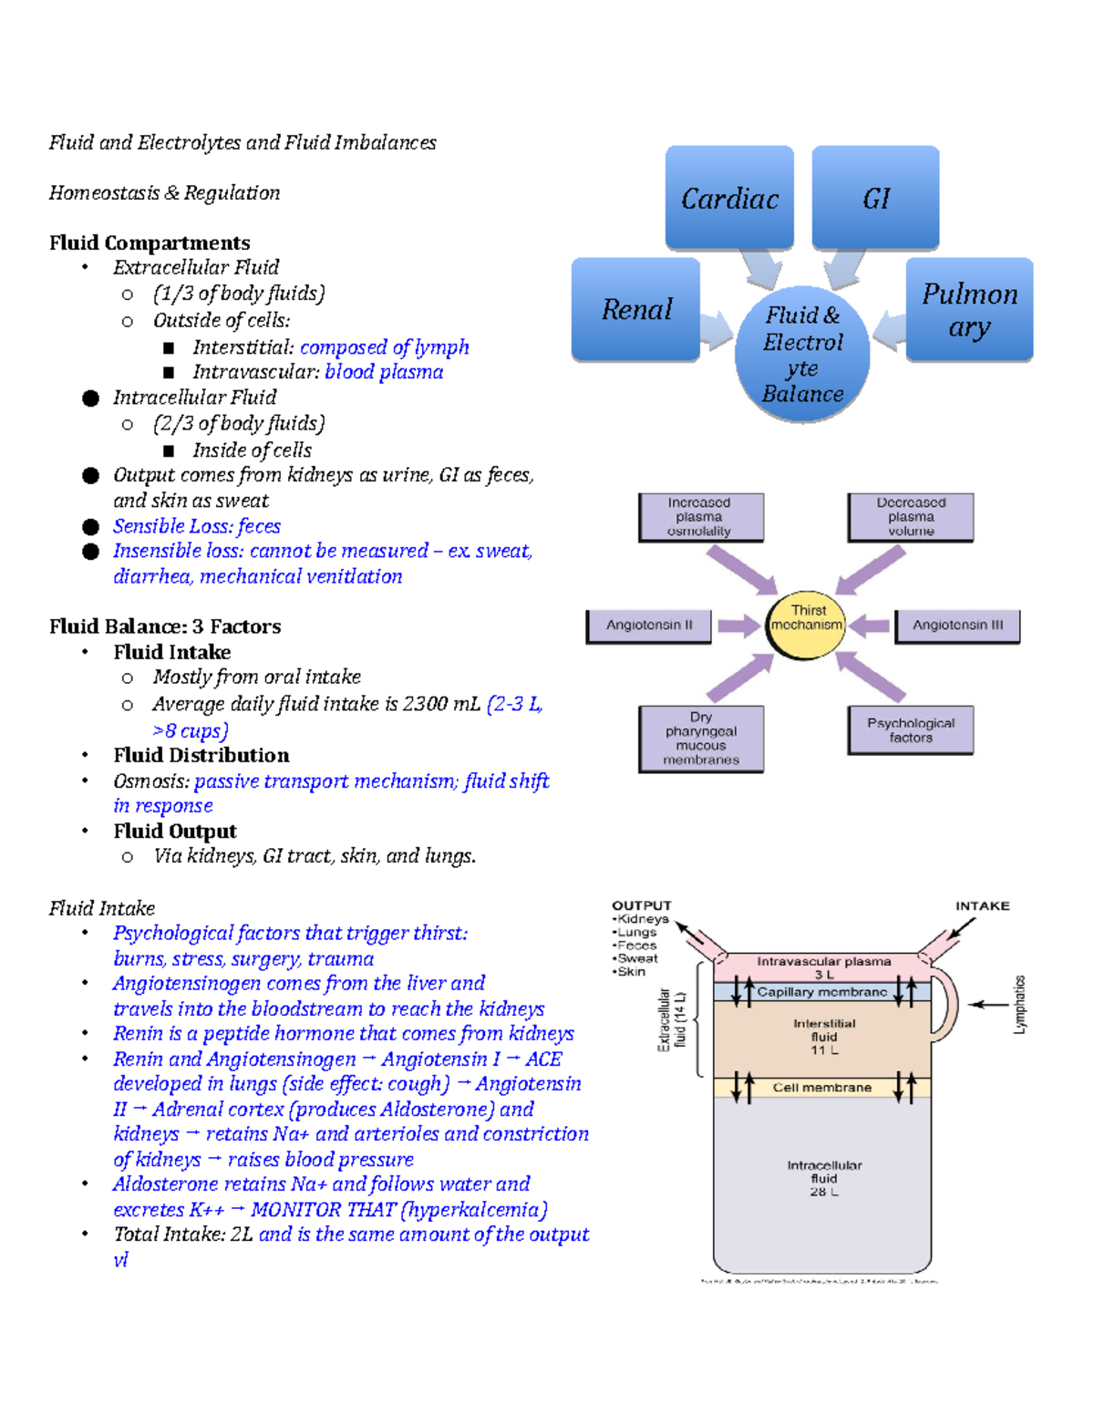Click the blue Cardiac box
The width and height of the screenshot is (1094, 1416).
coord(729,197)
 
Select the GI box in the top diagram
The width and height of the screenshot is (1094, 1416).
coord(875,197)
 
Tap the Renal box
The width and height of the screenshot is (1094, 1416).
coord(635,309)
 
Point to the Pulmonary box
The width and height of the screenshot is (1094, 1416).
coord(969,309)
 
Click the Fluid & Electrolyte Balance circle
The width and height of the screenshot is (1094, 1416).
coord(802,354)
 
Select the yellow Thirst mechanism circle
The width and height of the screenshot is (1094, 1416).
coord(806,625)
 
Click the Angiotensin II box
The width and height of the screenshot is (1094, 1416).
coord(648,625)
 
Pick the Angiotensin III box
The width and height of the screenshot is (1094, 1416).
coord(957,625)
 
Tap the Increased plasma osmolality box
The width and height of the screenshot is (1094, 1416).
coord(700,517)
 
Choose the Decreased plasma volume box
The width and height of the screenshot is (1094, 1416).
coord(911,517)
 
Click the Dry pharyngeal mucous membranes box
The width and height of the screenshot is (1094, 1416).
coord(701,739)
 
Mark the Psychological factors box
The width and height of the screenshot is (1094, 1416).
coord(911,730)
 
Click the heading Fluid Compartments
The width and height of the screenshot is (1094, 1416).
coord(150,243)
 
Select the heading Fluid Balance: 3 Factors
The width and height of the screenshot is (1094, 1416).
coord(165,626)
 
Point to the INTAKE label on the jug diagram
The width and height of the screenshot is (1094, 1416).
coord(982,905)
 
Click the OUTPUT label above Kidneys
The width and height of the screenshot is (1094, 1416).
coord(641,905)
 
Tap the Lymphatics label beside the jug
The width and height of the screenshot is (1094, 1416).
coord(1019,1004)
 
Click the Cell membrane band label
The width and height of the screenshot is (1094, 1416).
coord(821,1088)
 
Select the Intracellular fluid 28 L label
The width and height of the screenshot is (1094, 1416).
coord(824,1178)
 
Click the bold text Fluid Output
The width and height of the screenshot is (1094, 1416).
coord(175,831)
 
